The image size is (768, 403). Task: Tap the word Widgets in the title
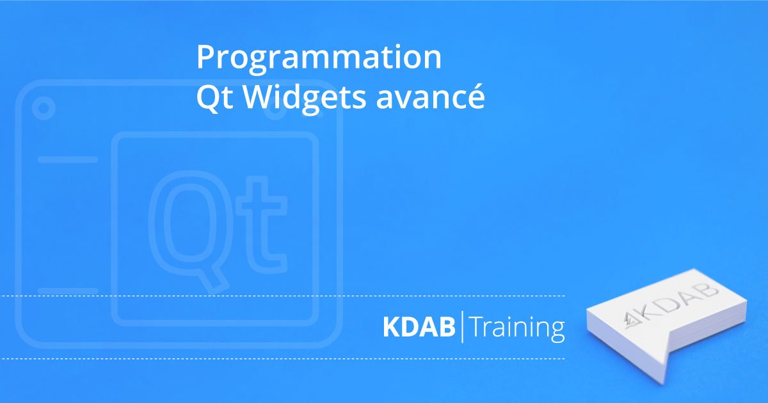pyautogui.click(x=305, y=97)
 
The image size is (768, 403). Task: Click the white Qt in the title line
pyautogui.click(x=215, y=98)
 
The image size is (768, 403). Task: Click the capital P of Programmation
pyautogui.click(x=206, y=56)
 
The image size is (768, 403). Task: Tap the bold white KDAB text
pyautogui.click(x=419, y=327)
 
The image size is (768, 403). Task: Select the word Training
pyautogui.click(x=517, y=329)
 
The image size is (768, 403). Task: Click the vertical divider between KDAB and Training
pyautogui.click(x=462, y=327)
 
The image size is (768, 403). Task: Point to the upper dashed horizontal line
pyautogui.click(x=282, y=296)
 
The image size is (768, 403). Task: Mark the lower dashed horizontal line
pyautogui.click(x=282, y=359)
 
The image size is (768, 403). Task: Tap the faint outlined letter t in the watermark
pyautogui.click(x=262, y=225)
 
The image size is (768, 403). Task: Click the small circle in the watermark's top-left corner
pyautogui.click(x=44, y=108)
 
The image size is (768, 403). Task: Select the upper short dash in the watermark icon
pyautogui.click(x=68, y=159)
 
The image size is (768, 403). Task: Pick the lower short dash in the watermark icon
pyautogui.click(x=68, y=291)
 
